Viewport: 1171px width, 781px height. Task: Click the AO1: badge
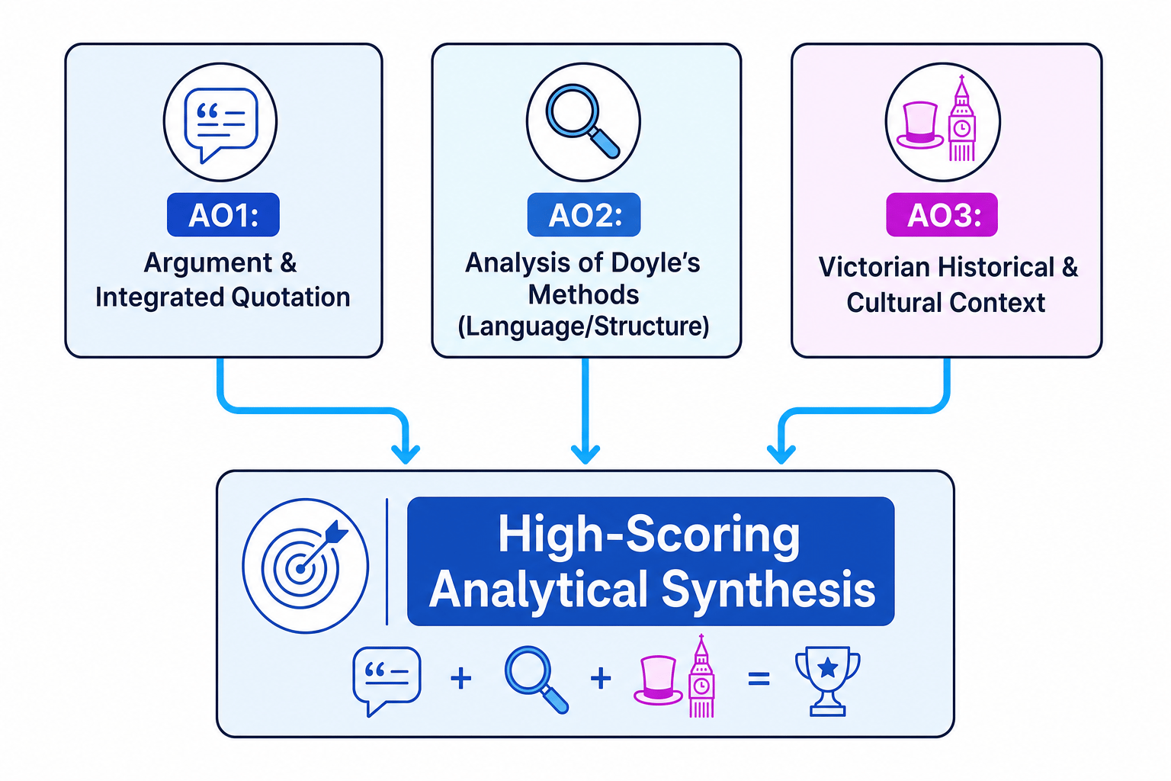point(223,214)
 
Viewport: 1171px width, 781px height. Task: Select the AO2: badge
point(584,214)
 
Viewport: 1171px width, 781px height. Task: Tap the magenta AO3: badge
point(942,214)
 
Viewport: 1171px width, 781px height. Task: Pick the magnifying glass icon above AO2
point(582,121)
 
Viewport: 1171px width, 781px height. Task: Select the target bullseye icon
point(306,566)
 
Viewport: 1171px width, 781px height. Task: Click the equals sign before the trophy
point(759,679)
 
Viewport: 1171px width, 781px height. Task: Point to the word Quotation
point(290,297)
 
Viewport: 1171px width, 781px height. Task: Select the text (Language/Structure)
point(583,326)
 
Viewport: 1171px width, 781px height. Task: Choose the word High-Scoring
point(650,534)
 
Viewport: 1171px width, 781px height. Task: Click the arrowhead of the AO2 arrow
point(585,454)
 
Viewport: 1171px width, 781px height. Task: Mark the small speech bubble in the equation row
point(387,681)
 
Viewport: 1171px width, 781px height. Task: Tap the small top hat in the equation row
point(658,680)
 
